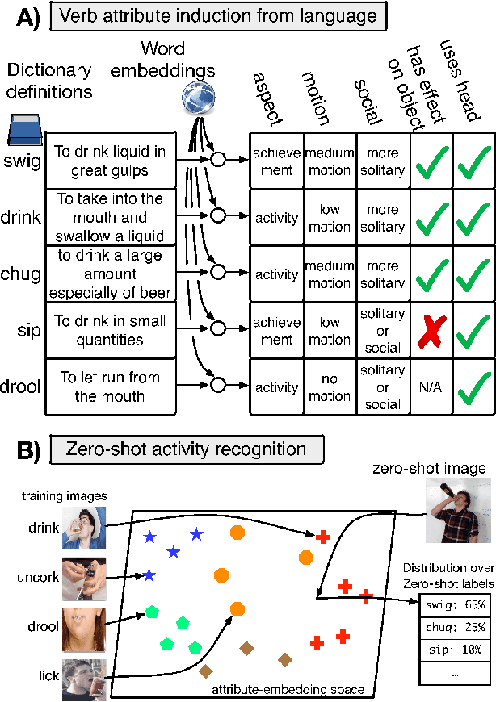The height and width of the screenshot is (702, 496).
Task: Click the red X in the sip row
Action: tap(431, 330)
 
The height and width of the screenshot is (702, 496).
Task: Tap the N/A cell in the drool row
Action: tap(431, 387)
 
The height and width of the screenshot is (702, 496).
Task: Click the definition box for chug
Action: tap(109, 274)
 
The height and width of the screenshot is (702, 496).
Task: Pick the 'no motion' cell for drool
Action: tap(329, 387)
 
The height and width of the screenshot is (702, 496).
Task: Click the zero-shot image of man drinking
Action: tap(458, 509)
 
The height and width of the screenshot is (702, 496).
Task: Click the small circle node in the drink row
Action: tap(217, 216)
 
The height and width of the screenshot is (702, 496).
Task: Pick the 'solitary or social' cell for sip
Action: tap(383, 331)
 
